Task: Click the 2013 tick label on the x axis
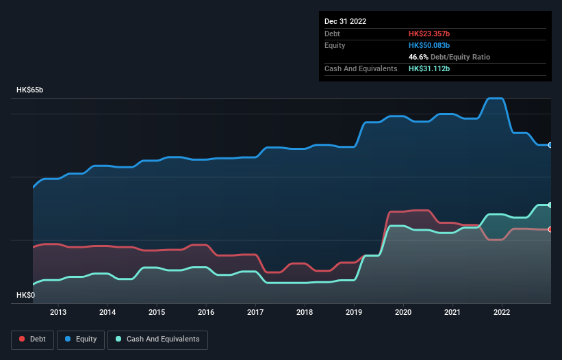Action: tap(58, 312)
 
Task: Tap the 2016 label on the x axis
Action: tap(206, 312)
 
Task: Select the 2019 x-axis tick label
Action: tap(354, 312)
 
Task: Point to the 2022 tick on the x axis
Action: tap(502, 312)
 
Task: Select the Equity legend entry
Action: tap(81, 339)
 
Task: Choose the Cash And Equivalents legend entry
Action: tap(157, 339)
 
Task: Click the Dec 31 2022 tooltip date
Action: tap(346, 21)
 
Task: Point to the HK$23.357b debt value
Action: tap(430, 34)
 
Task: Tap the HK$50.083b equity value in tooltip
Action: tap(430, 45)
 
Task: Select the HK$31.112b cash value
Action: tap(429, 68)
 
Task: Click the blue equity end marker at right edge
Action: tap(550, 145)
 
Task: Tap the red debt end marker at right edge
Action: tap(550, 229)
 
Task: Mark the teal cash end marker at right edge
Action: tap(550, 205)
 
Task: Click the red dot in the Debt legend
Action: tap(22, 339)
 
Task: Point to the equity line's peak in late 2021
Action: tap(495, 99)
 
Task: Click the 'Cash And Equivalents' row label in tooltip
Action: tap(361, 68)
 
